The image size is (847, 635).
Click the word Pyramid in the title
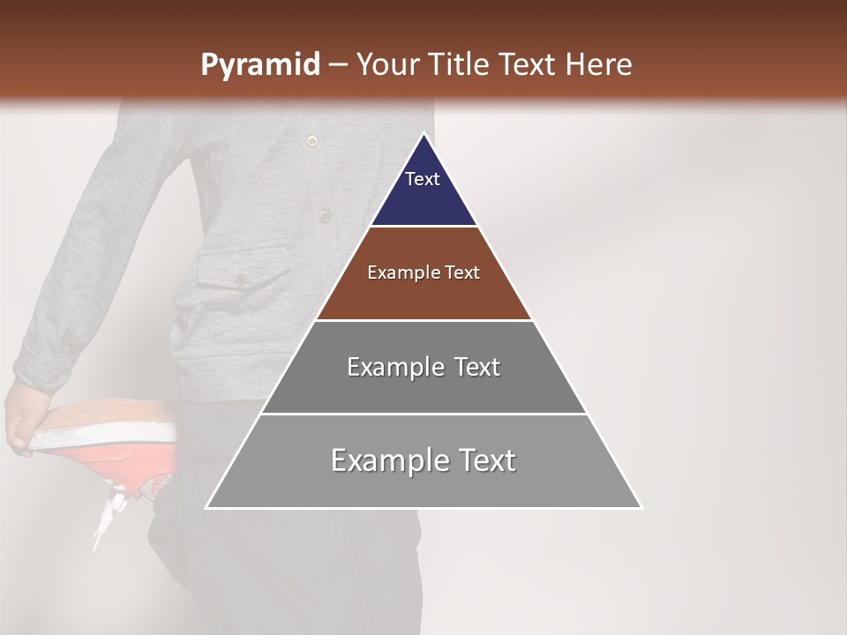pyautogui.click(x=259, y=65)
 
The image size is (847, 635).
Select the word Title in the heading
pyautogui.click(x=461, y=65)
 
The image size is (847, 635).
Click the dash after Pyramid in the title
pyautogui.click(x=337, y=66)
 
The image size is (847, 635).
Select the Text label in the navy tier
pyautogui.click(x=422, y=179)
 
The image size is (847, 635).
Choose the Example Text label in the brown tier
pyautogui.click(x=423, y=273)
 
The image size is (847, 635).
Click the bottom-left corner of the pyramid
pyautogui.click(x=207, y=507)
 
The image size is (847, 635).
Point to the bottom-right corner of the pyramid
pyautogui.click(x=641, y=507)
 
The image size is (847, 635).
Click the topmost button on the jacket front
pyautogui.click(x=311, y=140)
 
